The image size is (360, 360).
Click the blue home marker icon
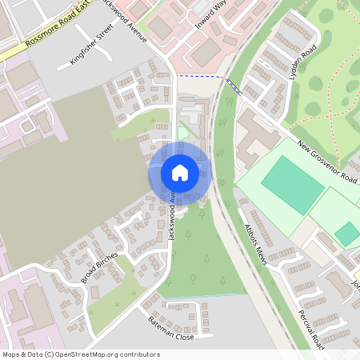[179, 172]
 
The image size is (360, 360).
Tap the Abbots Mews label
[256, 238]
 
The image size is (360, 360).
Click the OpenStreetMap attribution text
[81, 354]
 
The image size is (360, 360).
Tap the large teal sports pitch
[292, 184]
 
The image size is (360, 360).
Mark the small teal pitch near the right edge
[347, 234]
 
